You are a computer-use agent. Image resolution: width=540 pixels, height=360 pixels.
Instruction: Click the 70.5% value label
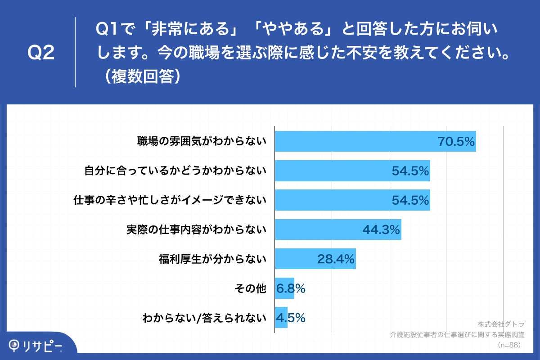(456, 142)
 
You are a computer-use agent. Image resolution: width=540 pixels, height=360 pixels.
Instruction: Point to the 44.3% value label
(381, 230)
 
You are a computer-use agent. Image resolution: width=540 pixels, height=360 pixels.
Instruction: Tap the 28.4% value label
(336, 259)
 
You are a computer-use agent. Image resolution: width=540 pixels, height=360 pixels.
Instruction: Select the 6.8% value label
(291, 288)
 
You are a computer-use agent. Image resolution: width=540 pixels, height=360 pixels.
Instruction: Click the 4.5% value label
(291, 318)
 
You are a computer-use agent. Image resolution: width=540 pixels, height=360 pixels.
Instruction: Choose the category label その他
(251, 288)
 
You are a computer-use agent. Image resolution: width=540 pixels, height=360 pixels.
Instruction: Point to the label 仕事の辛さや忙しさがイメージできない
(170, 200)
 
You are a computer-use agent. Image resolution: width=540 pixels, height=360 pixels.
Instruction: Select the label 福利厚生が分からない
(212, 259)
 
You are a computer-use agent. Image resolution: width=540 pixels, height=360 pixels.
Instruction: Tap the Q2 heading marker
(41, 53)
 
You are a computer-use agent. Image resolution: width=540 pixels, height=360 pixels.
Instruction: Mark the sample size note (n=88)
(509, 345)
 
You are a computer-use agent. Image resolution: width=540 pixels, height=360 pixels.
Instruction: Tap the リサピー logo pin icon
(15, 345)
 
